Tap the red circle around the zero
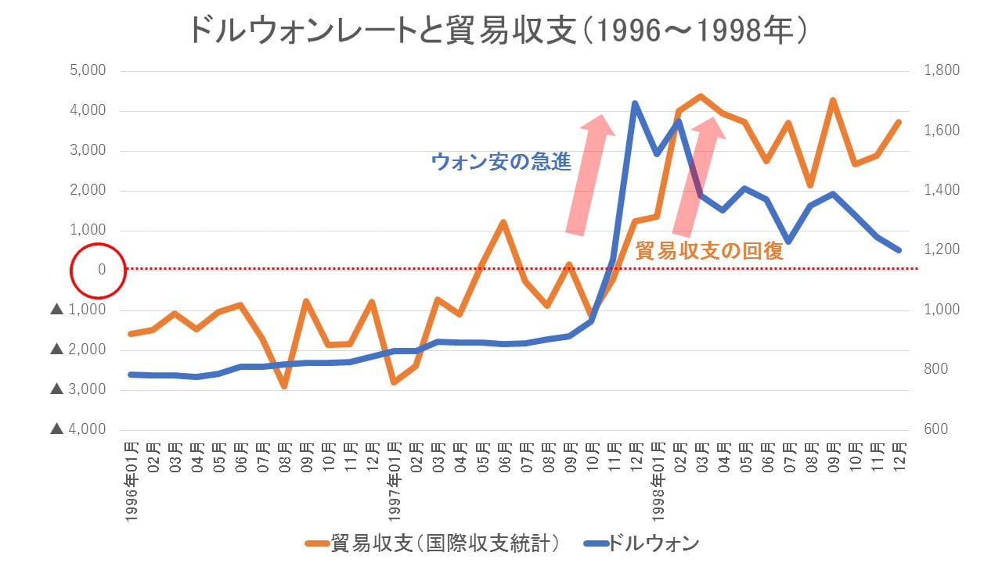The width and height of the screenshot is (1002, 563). pyautogui.click(x=98, y=270)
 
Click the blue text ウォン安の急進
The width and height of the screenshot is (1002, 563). pyautogui.click(x=501, y=162)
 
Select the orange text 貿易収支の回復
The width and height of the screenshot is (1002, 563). pyautogui.click(x=709, y=251)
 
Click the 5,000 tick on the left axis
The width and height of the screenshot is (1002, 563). pyautogui.click(x=88, y=71)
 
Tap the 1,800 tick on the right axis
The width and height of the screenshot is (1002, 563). pyautogui.click(x=942, y=71)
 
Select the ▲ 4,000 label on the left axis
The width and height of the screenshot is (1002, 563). pyautogui.click(x=77, y=429)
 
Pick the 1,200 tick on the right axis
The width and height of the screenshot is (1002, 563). pyautogui.click(x=942, y=250)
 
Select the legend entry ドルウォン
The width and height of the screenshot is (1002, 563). pyautogui.click(x=642, y=543)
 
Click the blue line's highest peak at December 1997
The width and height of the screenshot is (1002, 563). pyautogui.click(x=635, y=103)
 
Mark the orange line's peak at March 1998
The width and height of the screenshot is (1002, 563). pyautogui.click(x=701, y=96)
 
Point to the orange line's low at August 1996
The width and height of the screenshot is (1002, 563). pyautogui.click(x=284, y=385)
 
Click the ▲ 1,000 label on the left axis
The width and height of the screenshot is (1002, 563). pyautogui.click(x=77, y=310)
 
